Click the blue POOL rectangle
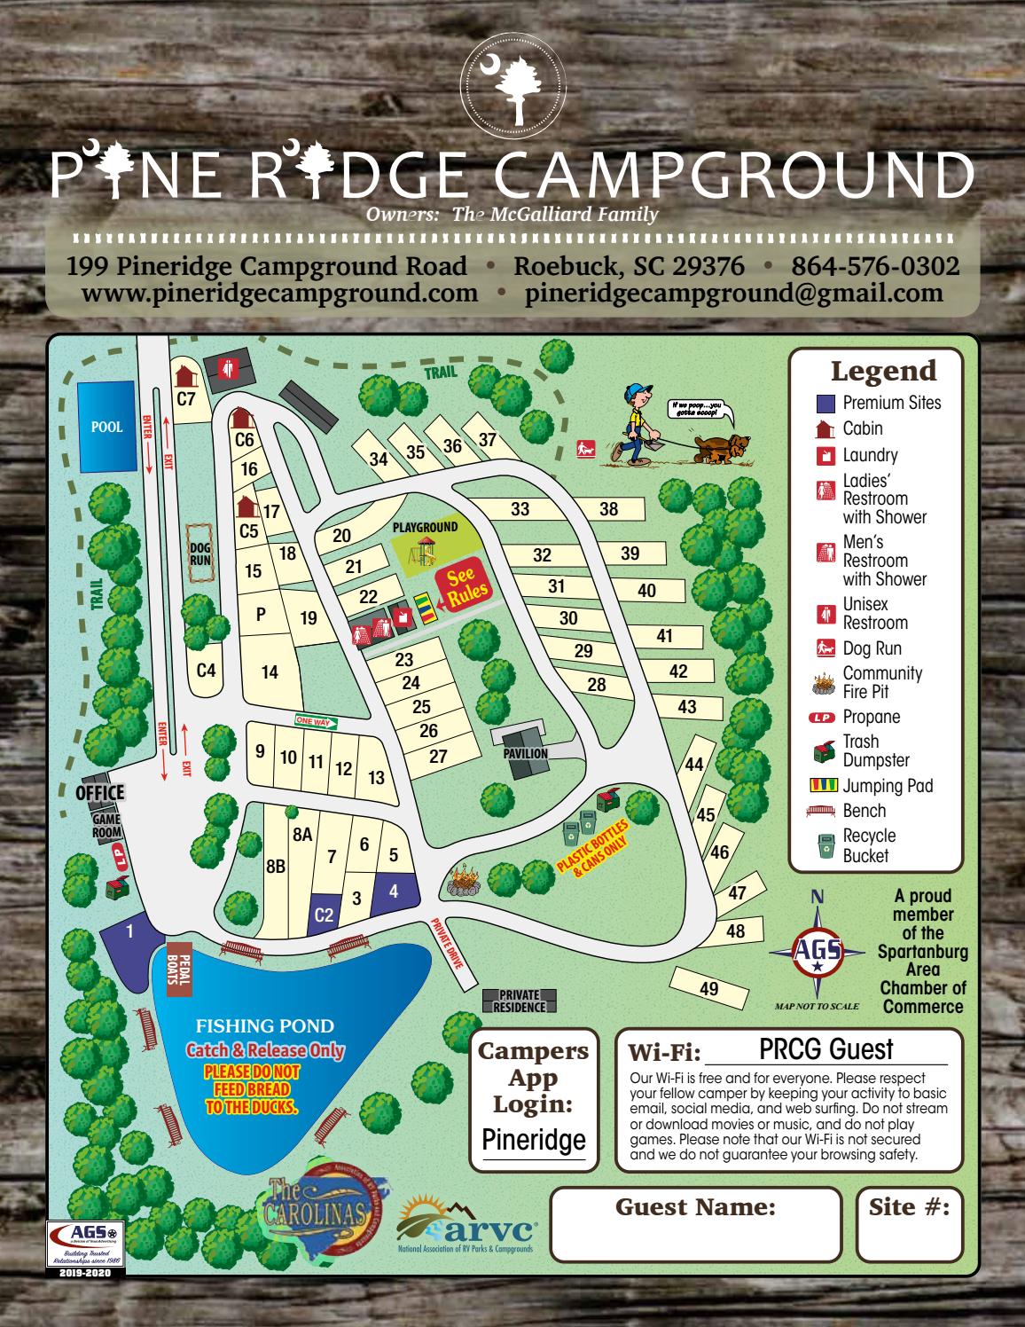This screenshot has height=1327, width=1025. tap(106, 427)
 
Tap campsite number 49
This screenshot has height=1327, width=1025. tap(708, 988)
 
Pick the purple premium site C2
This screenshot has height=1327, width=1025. tap(325, 914)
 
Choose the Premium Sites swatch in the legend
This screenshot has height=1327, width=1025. tap(825, 403)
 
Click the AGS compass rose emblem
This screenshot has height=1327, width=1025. tap(816, 950)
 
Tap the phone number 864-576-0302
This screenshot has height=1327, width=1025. tap(874, 266)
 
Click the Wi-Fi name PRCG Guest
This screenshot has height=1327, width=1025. tap(826, 1049)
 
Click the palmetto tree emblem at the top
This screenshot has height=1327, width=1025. tap(511, 85)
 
